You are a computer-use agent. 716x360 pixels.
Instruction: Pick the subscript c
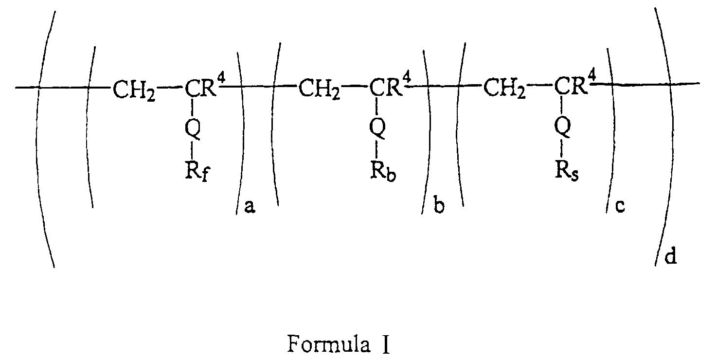[620, 208]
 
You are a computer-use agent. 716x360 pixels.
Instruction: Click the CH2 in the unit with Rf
[134, 90]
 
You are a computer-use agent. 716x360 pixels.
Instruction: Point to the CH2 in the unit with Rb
[319, 90]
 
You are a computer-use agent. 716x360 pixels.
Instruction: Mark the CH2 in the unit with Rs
[504, 90]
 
